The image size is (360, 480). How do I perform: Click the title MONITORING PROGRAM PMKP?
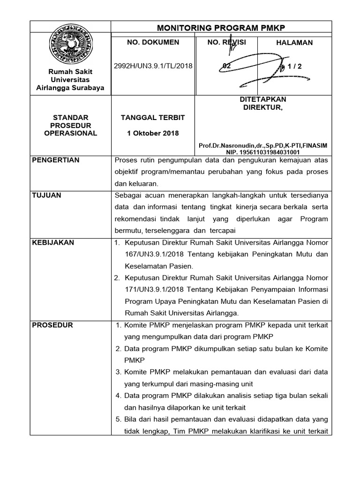point(221,27)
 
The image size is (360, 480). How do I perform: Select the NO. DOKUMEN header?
point(153,42)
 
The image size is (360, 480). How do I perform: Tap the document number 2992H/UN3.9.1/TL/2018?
point(153,66)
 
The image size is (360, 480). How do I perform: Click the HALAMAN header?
point(294,43)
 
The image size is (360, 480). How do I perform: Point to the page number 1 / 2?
point(293,66)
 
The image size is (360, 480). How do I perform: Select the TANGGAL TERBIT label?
point(153,117)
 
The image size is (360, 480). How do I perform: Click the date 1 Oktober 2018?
point(153,133)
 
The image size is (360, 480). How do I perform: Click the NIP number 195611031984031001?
point(269,152)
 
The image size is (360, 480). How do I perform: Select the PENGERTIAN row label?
point(55,160)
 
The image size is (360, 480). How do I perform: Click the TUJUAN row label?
point(46,195)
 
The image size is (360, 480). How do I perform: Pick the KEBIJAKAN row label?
point(52,242)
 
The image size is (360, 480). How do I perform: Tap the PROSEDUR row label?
point(52,325)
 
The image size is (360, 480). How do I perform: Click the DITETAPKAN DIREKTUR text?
point(263,103)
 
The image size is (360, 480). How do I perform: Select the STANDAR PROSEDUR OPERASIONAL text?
point(70,125)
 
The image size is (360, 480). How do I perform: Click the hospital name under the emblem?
point(70,80)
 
